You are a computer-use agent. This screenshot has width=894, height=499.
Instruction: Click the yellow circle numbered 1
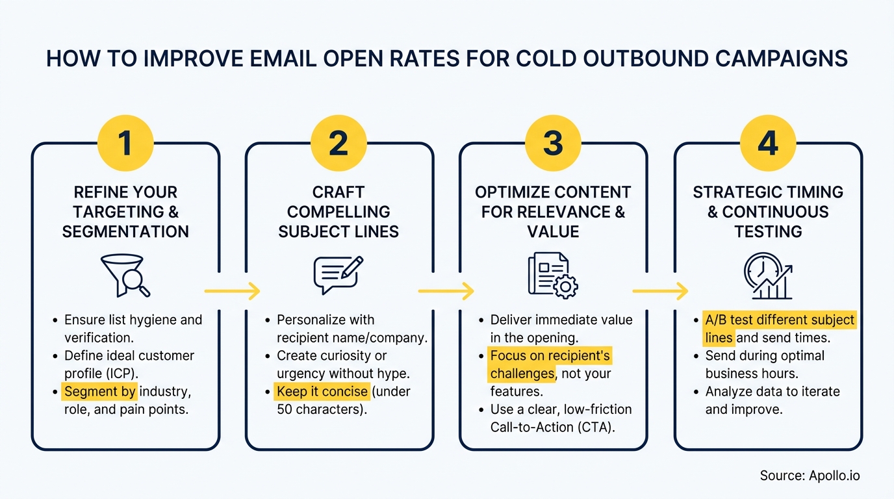pos(125,143)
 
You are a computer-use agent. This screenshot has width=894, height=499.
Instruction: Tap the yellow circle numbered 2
pos(338,143)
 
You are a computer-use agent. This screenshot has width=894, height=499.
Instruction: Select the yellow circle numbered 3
pos(553,143)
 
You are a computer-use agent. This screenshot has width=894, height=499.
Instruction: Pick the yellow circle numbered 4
pos(768,143)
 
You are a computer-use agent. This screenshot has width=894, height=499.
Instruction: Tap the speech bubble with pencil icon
pos(338,275)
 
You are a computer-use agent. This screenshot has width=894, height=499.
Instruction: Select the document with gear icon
pos(553,275)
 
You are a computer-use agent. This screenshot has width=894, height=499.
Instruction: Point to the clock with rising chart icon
pos(768,275)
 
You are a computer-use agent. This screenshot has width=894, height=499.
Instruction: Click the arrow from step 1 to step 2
pos(232,291)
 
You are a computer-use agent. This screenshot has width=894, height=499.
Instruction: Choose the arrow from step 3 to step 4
pos(660,291)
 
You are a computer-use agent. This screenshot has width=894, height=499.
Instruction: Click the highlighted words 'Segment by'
pos(99,392)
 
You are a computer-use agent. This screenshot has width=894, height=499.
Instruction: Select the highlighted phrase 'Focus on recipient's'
pos(550,355)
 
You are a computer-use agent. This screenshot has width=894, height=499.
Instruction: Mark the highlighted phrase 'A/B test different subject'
pos(780,320)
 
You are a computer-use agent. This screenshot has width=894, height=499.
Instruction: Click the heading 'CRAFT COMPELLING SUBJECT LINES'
pos(338,212)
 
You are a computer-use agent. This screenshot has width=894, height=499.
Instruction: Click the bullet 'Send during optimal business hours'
pos(765,365)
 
